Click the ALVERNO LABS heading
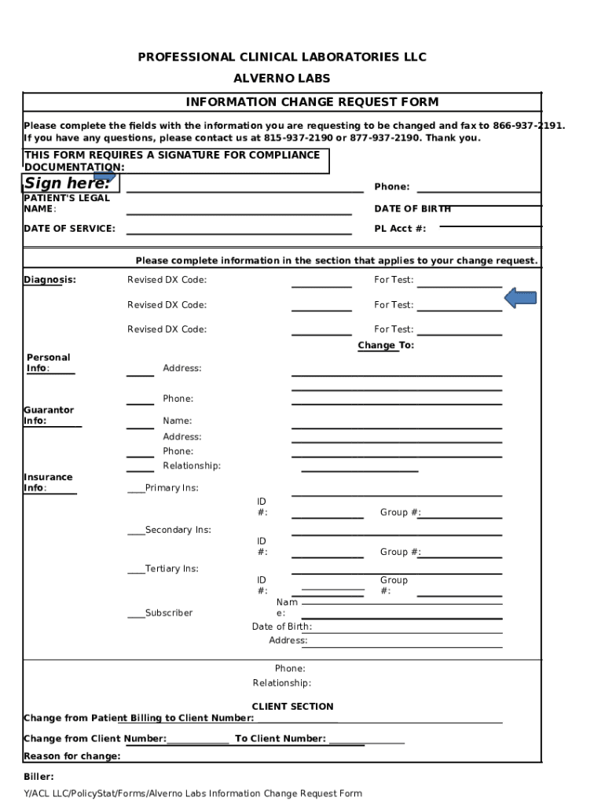point(281,79)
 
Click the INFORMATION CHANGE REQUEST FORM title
point(312,102)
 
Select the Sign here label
point(66,184)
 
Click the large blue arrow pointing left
point(519,298)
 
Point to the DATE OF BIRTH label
point(412,209)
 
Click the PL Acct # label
point(400,229)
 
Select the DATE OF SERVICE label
point(69,229)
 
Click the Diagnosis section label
point(49,280)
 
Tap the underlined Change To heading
point(385,346)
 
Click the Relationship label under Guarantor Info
point(191,466)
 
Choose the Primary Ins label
point(171,488)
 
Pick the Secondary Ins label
point(178,530)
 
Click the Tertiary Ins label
point(171,568)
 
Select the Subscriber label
point(168,613)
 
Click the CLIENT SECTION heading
point(292,707)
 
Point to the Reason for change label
point(71,756)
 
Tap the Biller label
point(38,777)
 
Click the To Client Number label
point(280,739)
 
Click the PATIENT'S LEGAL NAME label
point(66,204)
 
